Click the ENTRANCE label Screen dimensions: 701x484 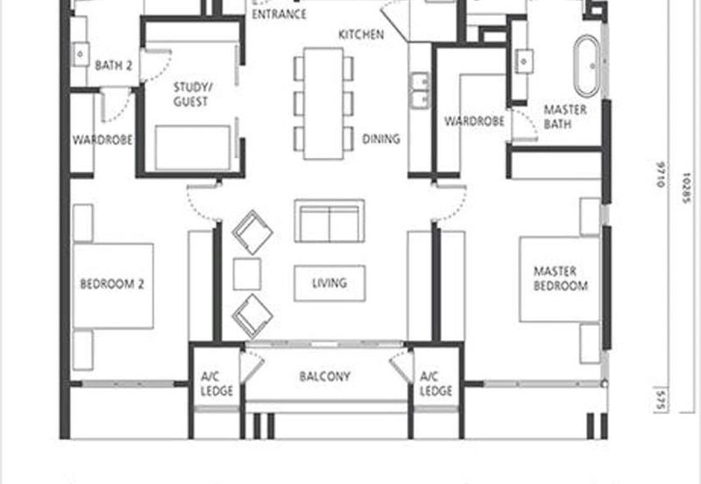[279, 14]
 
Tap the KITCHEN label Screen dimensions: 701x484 [361, 34]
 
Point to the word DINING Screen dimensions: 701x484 [381, 139]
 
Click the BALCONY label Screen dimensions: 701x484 [324, 376]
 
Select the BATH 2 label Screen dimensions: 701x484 [114, 66]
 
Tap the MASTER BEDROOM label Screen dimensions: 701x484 [561, 278]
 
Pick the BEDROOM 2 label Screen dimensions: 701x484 [112, 284]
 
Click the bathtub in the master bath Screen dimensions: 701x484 [586, 67]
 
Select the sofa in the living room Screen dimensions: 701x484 [329, 221]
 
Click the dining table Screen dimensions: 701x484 [323, 103]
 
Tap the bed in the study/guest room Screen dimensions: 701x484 [193, 147]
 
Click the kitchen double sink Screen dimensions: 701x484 [420, 90]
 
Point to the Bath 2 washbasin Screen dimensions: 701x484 [81, 54]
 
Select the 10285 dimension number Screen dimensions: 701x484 [687, 188]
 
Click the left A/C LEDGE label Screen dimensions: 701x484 [216, 384]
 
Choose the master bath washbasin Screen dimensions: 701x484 [524, 60]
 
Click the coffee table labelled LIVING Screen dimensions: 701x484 [329, 283]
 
